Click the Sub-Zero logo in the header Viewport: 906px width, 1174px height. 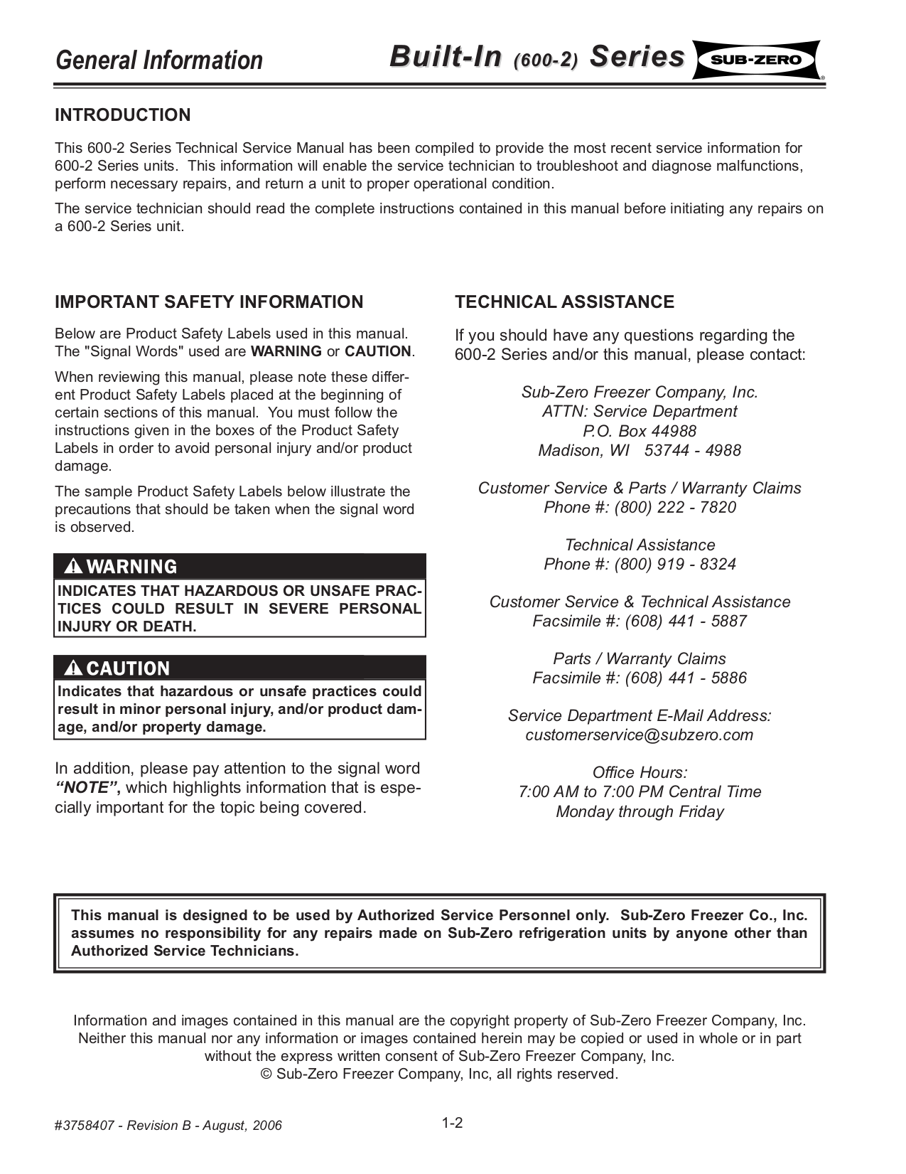755,60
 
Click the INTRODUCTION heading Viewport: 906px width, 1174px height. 123,115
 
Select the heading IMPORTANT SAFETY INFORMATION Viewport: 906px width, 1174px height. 209,302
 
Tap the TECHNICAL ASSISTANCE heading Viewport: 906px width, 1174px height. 564,302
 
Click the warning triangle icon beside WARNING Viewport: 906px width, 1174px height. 73,567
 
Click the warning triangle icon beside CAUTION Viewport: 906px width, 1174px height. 73,668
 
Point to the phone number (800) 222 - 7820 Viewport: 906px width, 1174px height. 674,507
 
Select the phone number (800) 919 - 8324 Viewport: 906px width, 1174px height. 674,564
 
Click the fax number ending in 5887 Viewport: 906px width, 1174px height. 685,621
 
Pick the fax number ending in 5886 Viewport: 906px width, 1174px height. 685,678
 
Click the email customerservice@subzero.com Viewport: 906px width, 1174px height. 639,735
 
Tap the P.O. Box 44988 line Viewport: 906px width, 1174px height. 639,431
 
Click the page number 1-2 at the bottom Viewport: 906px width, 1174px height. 452,1123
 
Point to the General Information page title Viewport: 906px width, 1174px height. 159,60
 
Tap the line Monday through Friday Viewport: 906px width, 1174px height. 639,811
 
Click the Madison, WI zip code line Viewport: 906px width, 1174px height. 639,450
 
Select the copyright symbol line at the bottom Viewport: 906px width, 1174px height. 440,1074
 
